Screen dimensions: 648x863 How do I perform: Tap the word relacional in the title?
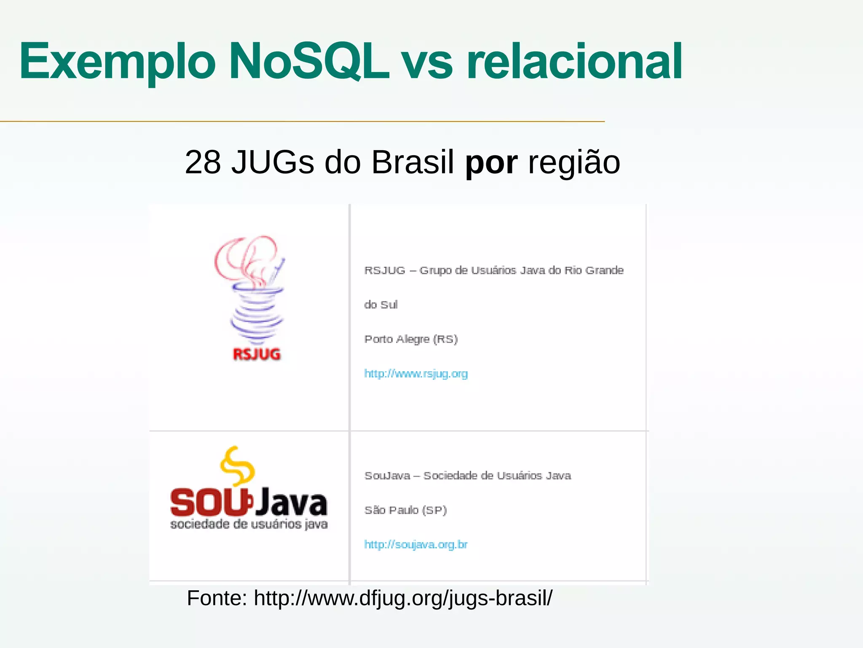(x=574, y=62)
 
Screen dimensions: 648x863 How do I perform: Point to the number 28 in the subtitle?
(x=202, y=162)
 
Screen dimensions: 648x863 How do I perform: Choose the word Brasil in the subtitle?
(x=413, y=162)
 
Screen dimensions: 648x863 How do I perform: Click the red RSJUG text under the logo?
(x=257, y=354)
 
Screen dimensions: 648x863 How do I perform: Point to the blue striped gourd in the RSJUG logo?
(x=257, y=314)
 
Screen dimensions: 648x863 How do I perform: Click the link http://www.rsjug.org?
(x=416, y=374)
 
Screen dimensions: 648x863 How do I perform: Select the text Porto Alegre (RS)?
(x=411, y=339)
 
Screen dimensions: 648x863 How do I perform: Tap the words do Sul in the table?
(x=381, y=305)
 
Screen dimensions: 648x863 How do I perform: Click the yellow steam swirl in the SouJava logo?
(x=237, y=466)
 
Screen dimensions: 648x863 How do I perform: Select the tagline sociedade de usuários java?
(x=249, y=524)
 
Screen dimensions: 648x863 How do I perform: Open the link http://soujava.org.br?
(x=416, y=545)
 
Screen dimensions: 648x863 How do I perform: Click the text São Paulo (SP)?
(x=405, y=510)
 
